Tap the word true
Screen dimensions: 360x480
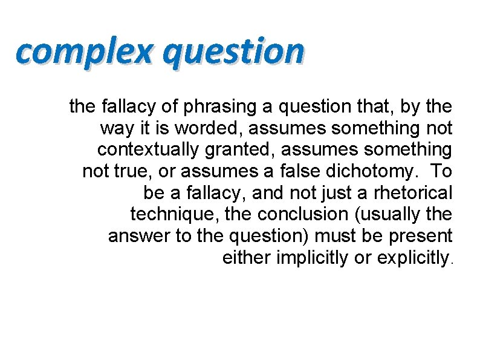tap(134, 171)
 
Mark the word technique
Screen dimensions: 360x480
tap(172, 214)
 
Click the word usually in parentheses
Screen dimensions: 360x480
tap(384, 214)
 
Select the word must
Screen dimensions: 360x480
tap(332, 236)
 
